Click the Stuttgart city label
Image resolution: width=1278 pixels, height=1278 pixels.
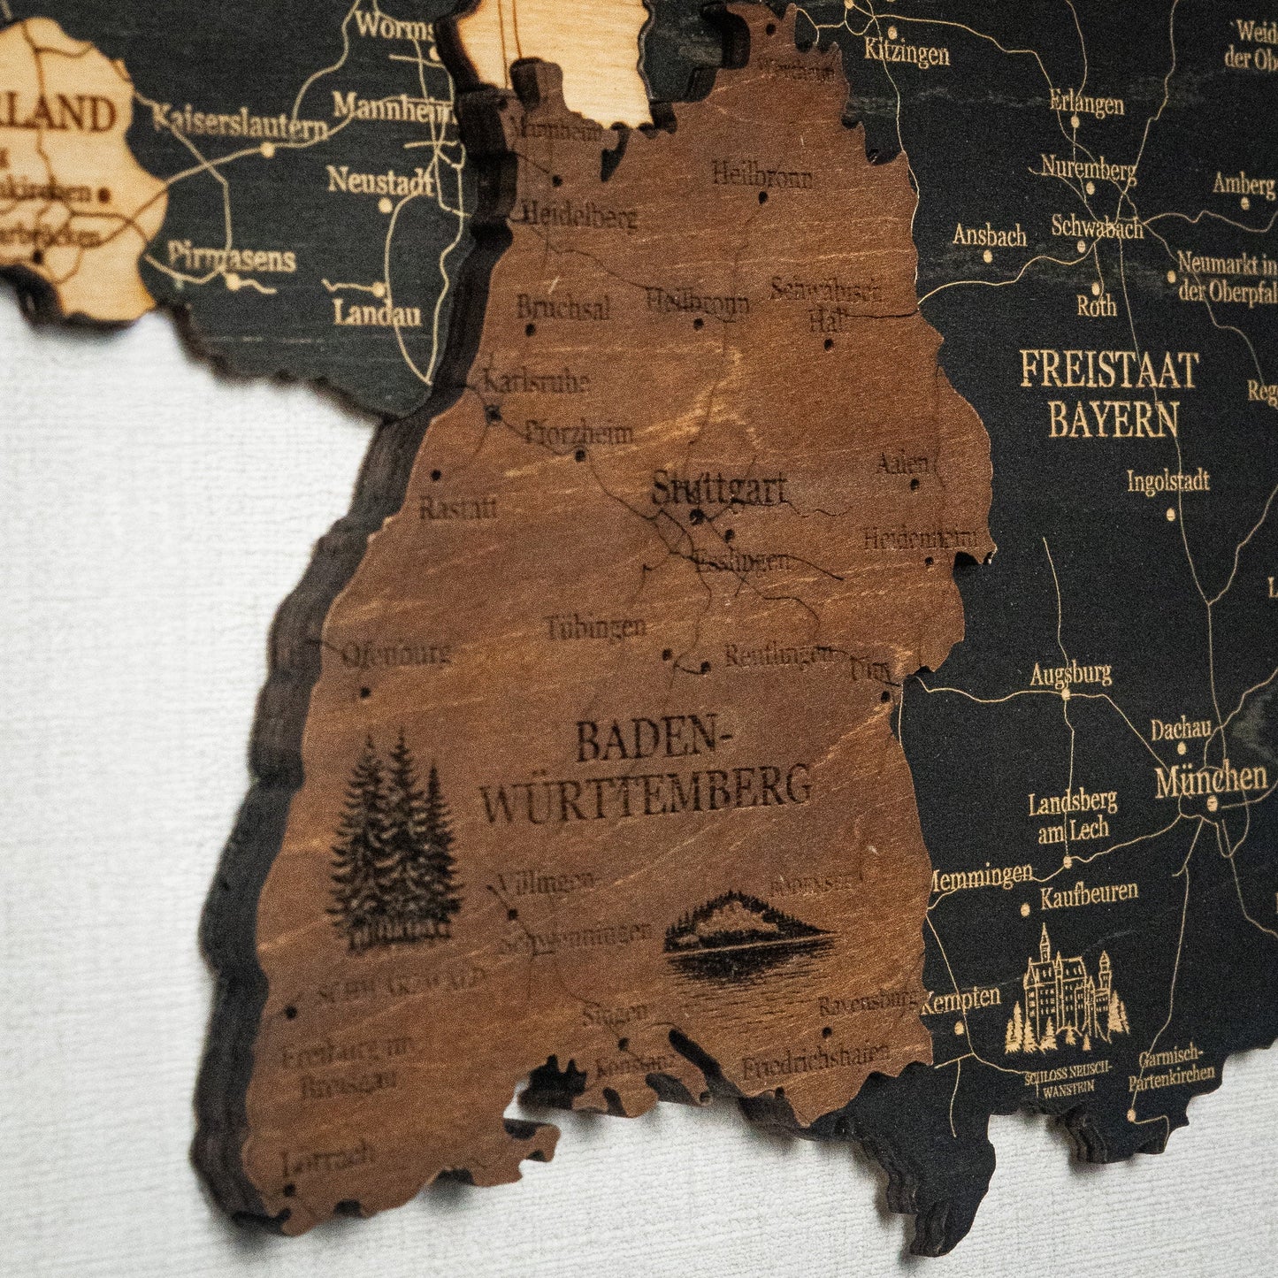(x=718, y=489)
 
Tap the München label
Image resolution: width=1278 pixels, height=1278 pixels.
(x=1211, y=778)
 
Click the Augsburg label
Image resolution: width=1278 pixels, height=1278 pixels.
(x=1070, y=675)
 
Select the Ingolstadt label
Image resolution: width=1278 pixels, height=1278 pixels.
(x=1167, y=482)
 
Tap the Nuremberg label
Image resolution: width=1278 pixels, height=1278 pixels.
(x=1088, y=167)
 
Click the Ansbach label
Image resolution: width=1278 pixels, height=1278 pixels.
(x=990, y=235)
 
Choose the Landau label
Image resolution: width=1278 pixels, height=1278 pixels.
(x=378, y=312)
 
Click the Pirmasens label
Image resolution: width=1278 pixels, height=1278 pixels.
(x=232, y=258)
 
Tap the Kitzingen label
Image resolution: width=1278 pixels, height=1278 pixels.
(x=907, y=54)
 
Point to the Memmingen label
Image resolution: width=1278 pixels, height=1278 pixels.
(x=980, y=875)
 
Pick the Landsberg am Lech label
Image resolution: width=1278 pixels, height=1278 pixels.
(x=1073, y=816)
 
